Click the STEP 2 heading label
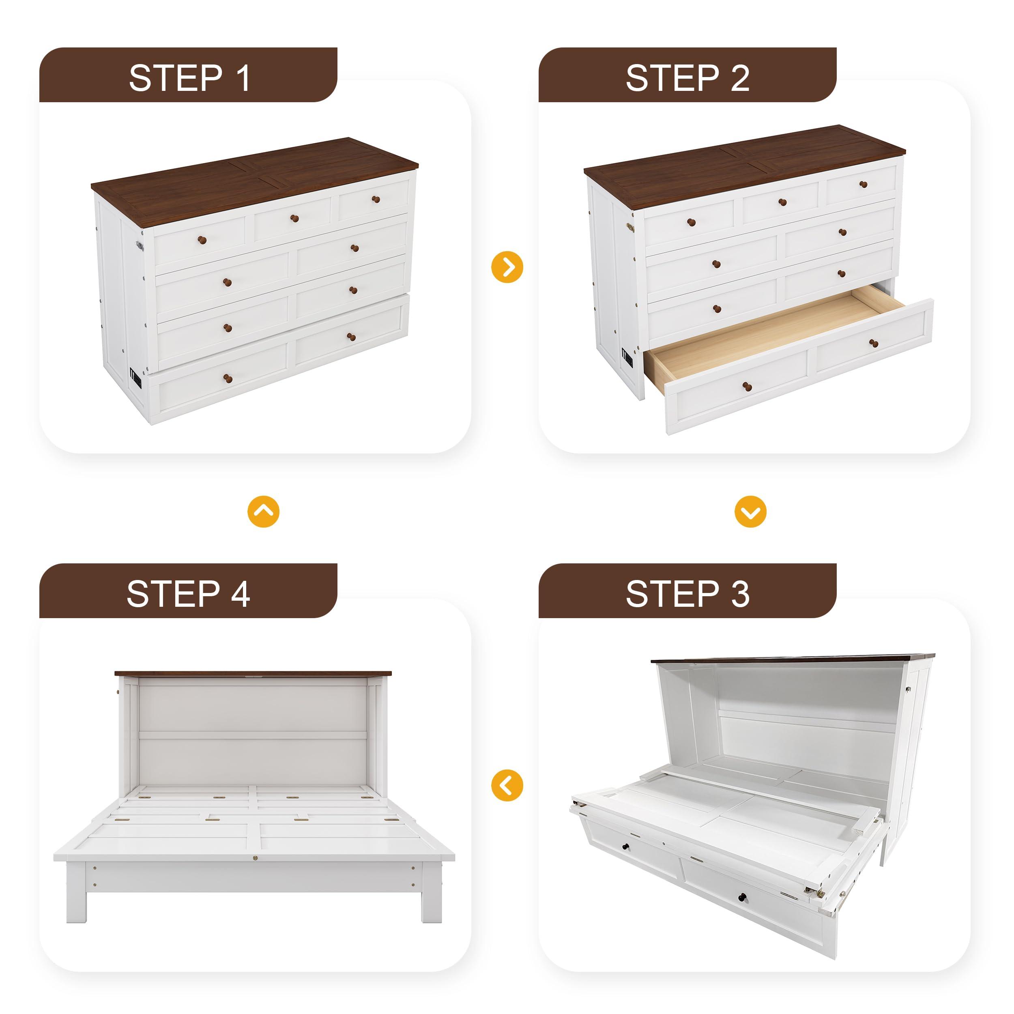click(687, 78)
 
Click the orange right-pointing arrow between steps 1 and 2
click(507, 267)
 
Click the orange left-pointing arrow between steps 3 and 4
click(507, 785)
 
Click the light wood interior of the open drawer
click(761, 328)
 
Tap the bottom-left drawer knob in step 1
click(228, 378)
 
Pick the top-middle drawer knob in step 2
click(782, 202)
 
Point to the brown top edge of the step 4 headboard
click(253, 673)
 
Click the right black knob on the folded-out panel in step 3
click(743, 896)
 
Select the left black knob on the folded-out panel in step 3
click(625, 848)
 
